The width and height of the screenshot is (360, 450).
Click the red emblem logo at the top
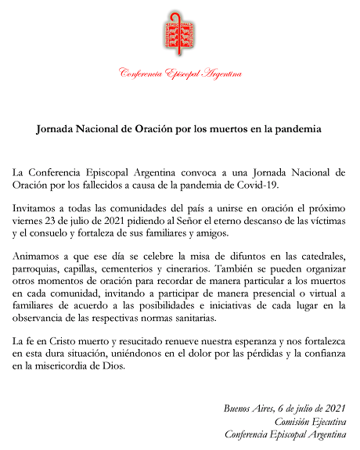click(179, 34)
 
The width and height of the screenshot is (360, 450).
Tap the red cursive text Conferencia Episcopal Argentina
click(179, 74)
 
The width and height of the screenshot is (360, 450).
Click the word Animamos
click(40, 257)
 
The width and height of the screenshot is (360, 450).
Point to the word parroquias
click(40, 270)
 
